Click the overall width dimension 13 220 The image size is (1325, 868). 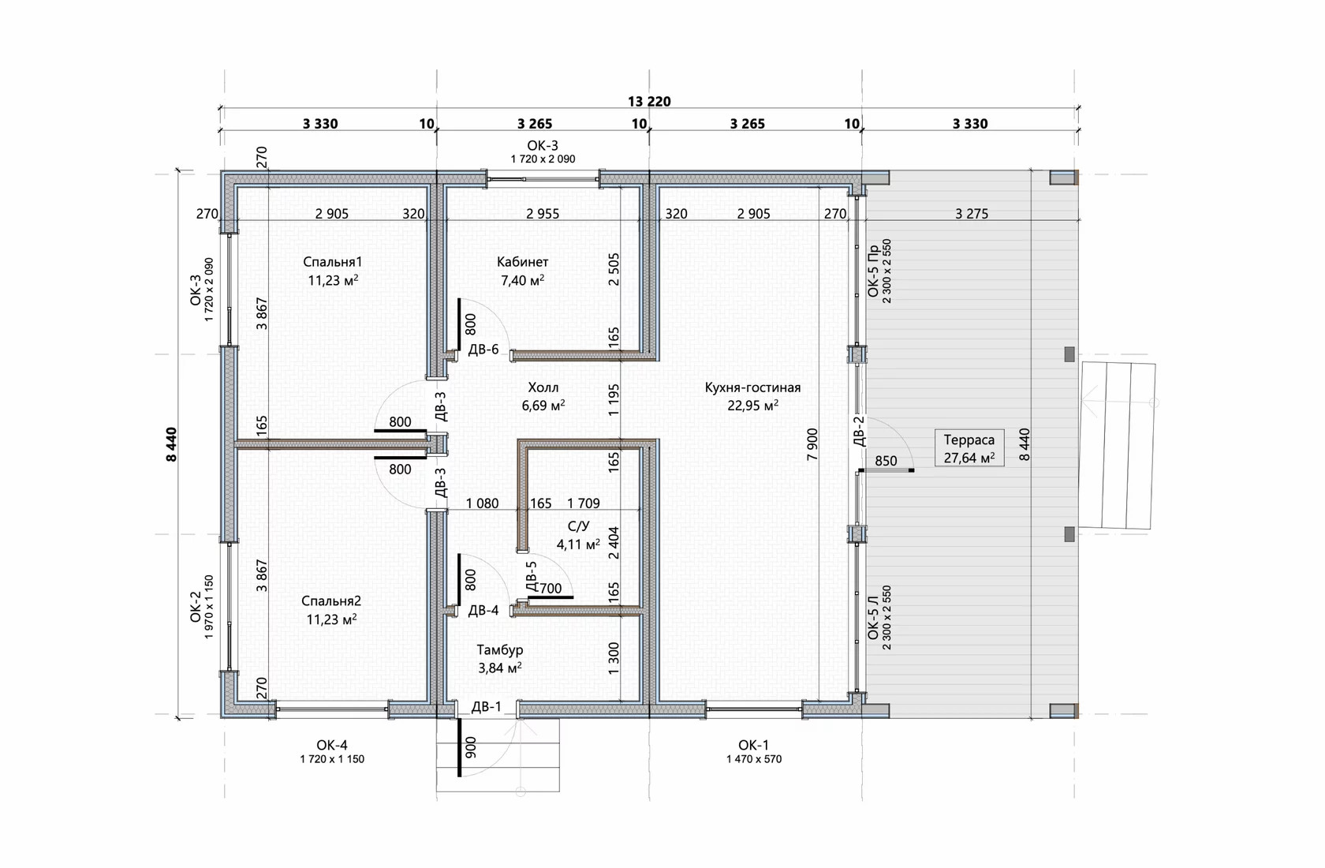(x=649, y=101)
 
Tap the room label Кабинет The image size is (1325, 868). (x=522, y=261)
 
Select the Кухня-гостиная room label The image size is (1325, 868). (x=752, y=387)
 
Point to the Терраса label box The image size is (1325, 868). (x=969, y=448)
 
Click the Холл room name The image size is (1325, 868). (x=543, y=387)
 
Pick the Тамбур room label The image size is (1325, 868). (x=500, y=649)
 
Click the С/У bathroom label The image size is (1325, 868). (x=579, y=526)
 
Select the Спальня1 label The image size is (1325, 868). (x=333, y=261)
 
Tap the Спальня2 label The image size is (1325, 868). (x=331, y=601)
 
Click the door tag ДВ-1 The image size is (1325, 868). (x=486, y=706)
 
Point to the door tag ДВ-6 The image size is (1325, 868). (x=483, y=349)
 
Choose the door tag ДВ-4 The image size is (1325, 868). (x=483, y=610)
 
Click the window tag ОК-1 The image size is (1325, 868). (x=754, y=745)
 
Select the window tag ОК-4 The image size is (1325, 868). (x=332, y=745)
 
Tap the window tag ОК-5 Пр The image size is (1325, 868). (x=874, y=271)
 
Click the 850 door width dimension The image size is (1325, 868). (x=886, y=461)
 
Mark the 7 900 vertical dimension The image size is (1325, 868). (x=812, y=443)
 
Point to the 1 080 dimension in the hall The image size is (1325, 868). (x=482, y=503)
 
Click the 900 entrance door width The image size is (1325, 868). (x=471, y=748)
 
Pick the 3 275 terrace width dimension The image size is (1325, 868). (x=972, y=214)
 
